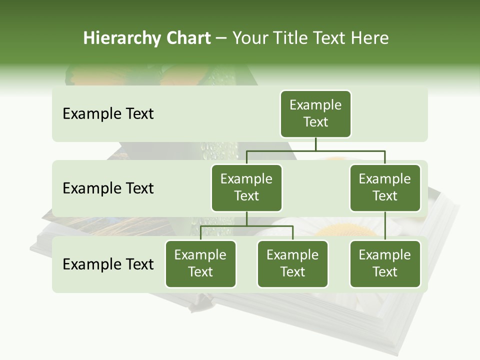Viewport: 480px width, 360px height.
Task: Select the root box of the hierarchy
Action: click(315, 114)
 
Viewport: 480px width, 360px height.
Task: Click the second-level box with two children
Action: click(246, 188)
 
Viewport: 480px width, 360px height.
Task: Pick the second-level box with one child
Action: click(385, 188)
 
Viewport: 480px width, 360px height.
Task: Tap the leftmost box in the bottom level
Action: click(200, 264)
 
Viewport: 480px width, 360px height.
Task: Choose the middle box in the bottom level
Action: click(292, 264)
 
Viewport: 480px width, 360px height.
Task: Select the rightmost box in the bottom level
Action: click(385, 264)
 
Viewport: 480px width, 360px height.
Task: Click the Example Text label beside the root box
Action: click(108, 114)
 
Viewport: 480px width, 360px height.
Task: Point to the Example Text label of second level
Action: click(108, 188)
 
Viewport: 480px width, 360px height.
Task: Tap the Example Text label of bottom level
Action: click(108, 264)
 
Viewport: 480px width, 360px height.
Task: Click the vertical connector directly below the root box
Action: click(315, 144)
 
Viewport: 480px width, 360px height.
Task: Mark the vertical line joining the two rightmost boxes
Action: click(385, 225)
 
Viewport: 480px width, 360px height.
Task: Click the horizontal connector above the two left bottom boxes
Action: click(246, 226)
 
